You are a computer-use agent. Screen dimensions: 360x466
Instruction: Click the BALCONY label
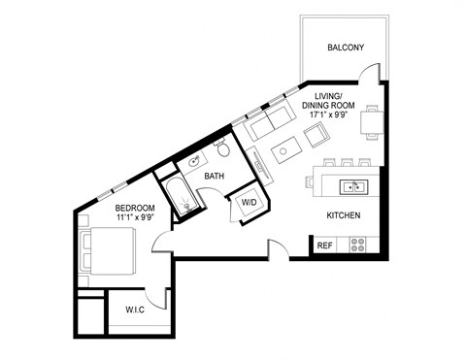[x=346, y=48]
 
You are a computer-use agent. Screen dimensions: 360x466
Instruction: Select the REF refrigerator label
[x=324, y=245]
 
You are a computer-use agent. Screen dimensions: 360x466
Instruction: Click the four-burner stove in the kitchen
[x=358, y=245]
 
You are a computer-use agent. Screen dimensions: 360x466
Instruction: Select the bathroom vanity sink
[x=194, y=161]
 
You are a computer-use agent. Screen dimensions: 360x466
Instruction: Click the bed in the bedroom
[x=106, y=251]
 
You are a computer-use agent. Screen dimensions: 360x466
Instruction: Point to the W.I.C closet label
[x=135, y=311]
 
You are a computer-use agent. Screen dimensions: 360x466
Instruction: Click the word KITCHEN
[x=344, y=215]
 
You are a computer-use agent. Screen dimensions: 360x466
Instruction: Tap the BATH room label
[x=216, y=176]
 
